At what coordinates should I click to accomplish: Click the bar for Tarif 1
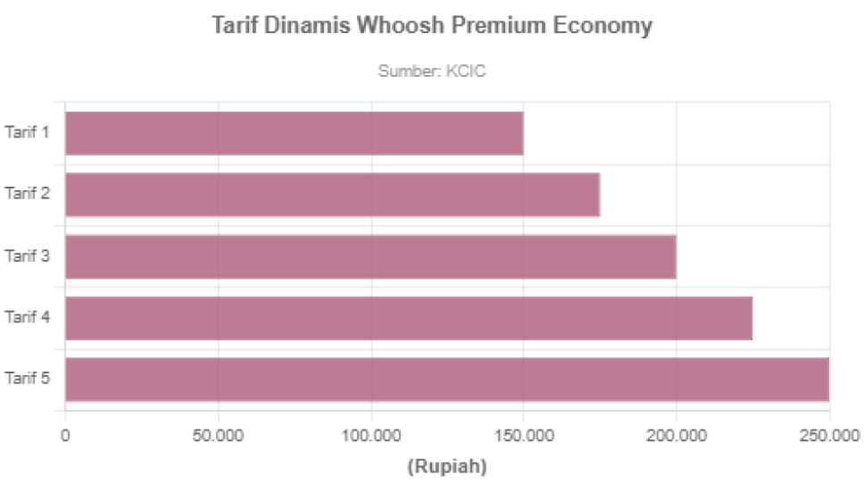[295, 134]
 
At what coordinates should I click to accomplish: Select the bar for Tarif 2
[333, 195]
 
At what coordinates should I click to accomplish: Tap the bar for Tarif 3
[371, 256]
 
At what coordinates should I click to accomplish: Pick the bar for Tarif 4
[410, 317]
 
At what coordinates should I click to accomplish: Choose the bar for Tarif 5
[447, 379]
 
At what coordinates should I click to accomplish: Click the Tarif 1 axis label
[27, 133]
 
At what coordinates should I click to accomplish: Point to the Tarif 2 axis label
[27, 194]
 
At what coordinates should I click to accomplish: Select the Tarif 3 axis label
[27, 256]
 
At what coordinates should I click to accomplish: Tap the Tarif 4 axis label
[27, 317]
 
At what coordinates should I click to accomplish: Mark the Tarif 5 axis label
[27, 379]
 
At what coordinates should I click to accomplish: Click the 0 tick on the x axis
[65, 436]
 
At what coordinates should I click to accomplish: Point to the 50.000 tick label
[218, 436]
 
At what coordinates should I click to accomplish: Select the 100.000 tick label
[370, 436]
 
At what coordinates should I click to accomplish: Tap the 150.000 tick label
[523, 436]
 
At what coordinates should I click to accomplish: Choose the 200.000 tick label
[676, 436]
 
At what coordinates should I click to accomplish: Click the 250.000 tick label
[828, 436]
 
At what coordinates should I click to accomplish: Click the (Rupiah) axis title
[447, 466]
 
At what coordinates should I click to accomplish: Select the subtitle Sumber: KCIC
[432, 71]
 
